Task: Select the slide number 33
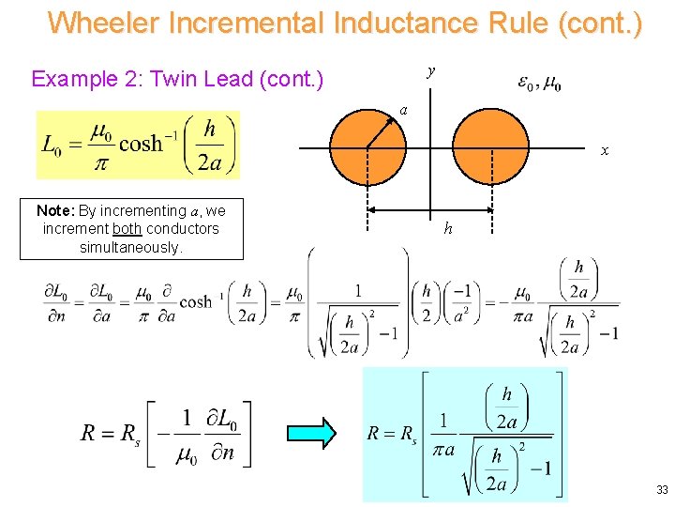(x=662, y=490)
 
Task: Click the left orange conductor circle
(x=368, y=147)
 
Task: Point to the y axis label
(x=430, y=70)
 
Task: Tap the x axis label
(x=605, y=150)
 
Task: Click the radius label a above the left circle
(x=403, y=109)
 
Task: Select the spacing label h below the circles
(x=448, y=228)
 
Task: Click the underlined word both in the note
(x=127, y=228)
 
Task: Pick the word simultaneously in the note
(x=131, y=247)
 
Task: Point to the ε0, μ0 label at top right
(x=539, y=84)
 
